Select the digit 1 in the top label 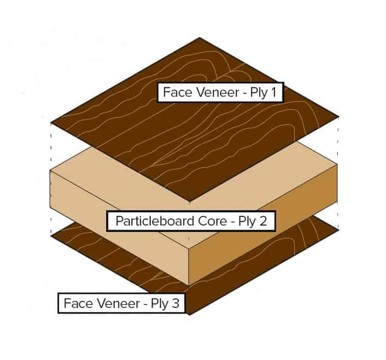(273, 92)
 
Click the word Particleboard (155, 221)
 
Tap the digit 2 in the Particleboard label (263, 221)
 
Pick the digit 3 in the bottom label (176, 303)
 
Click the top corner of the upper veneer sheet (199, 38)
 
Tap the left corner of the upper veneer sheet (51, 122)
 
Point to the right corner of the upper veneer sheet (339, 116)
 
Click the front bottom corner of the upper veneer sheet (189, 201)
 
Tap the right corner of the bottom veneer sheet (339, 230)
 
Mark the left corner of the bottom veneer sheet (51, 236)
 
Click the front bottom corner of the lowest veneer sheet (189, 315)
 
